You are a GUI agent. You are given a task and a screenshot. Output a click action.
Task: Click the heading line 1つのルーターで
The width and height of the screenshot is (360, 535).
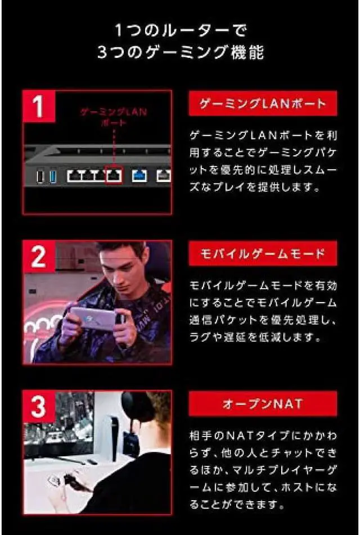click(180, 29)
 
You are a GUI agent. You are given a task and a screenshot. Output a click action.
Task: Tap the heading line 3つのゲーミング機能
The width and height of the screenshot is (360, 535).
click(180, 53)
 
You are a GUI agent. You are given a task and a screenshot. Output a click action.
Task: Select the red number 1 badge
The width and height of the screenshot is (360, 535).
click(39, 106)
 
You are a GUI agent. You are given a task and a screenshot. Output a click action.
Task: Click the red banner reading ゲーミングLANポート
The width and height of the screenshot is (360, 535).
click(263, 104)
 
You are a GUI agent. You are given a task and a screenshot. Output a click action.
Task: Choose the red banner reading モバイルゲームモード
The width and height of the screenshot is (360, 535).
click(263, 254)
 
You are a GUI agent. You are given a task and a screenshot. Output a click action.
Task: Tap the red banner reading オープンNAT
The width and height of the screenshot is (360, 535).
click(263, 404)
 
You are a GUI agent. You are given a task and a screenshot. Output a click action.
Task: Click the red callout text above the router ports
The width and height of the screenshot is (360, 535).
click(113, 117)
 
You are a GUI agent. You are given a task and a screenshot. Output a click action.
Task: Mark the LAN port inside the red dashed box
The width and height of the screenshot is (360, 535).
click(114, 176)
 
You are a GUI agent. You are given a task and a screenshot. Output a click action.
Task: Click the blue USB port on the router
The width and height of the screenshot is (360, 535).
click(53, 177)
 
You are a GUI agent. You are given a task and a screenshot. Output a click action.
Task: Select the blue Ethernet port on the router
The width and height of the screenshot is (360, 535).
click(139, 176)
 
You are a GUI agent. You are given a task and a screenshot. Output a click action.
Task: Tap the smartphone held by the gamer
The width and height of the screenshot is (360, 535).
click(93, 318)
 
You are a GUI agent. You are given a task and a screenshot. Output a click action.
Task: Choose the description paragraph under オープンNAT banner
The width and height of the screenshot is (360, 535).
click(263, 470)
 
